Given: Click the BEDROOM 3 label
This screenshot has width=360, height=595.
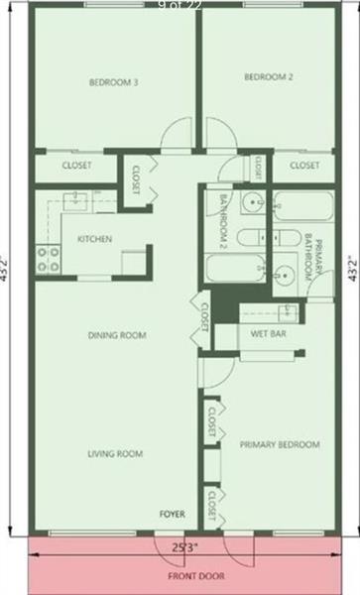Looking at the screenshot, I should (112, 82).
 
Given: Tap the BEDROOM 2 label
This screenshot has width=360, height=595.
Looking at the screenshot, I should (268, 76).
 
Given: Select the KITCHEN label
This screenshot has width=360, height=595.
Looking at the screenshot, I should (94, 239).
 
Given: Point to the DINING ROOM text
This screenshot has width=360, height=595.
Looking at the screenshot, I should (117, 336).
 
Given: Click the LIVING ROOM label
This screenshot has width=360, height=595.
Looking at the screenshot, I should (115, 454).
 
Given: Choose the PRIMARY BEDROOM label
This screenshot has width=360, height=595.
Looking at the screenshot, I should (280, 445).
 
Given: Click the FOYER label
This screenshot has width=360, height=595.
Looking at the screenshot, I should (174, 514).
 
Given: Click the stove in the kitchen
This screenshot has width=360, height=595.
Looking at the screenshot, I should (48, 259).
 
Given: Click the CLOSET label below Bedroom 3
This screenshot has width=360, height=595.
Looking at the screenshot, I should (77, 166).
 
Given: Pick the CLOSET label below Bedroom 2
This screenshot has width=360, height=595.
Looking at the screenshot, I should (305, 166).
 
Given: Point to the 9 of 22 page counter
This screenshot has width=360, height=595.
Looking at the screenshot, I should (179, 6).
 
